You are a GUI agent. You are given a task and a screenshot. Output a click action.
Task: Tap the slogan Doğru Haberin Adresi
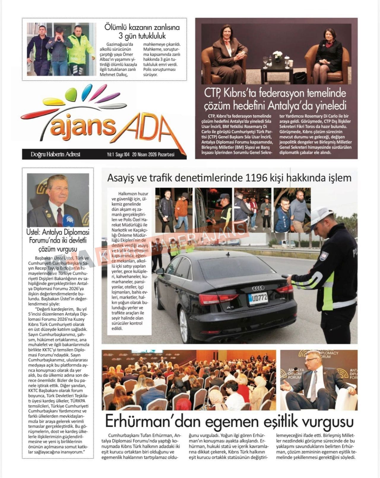pos(56,154)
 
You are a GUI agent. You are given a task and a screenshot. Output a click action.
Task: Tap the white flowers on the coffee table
pos(278,54)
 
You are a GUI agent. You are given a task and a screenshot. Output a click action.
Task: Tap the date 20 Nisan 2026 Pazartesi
pos(153,154)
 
